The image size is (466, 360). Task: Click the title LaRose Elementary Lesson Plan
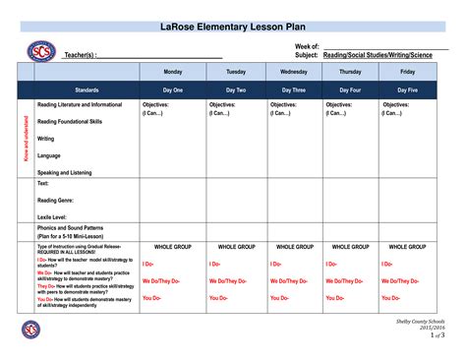click(x=232, y=26)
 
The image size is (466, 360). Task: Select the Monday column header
click(x=172, y=72)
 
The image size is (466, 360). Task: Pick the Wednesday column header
click(x=294, y=72)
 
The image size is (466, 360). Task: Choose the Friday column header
click(x=407, y=72)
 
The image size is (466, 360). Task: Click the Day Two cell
click(x=236, y=90)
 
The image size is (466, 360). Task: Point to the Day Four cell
click(x=351, y=90)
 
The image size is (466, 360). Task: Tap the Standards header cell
click(x=86, y=90)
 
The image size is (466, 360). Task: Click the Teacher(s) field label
click(x=80, y=56)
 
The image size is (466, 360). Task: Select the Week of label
click(x=308, y=47)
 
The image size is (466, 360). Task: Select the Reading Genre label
click(x=56, y=200)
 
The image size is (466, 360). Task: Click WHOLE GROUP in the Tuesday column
click(x=237, y=247)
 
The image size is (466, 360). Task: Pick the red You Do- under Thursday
click(x=335, y=298)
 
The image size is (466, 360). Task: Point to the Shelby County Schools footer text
click(x=420, y=321)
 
